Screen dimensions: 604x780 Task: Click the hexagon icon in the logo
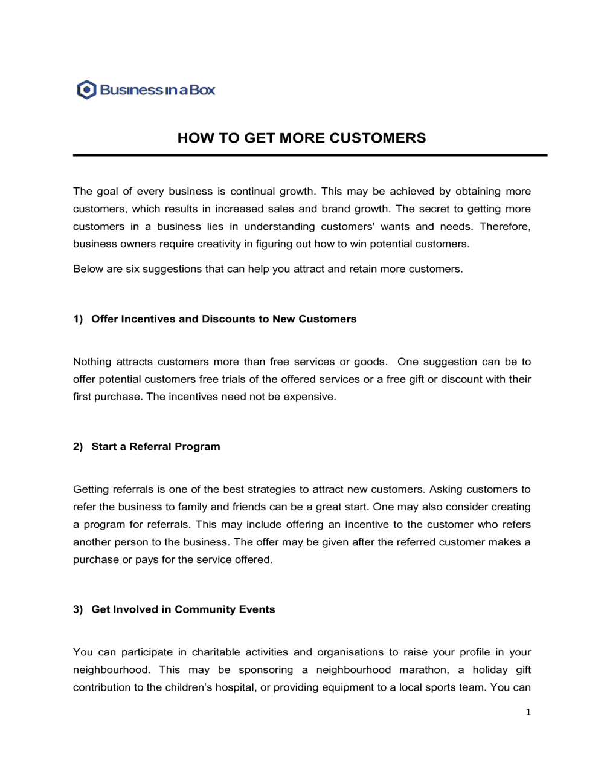(x=87, y=90)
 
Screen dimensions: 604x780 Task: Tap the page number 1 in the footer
(x=528, y=712)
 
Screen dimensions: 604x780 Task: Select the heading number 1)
(x=78, y=319)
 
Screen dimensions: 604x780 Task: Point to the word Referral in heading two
(x=150, y=447)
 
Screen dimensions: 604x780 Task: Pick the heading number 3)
(x=78, y=609)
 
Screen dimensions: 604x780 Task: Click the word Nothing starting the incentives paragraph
(x=92, y=362)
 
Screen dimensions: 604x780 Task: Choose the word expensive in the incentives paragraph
(x=309, y=397)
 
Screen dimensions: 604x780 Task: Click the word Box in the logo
(x=202, y=90)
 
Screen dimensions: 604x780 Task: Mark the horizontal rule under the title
(x=310, y=155)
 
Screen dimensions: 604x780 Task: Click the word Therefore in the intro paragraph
(x=505, y=227)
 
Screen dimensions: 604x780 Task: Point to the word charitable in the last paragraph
(x=216, y=652)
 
